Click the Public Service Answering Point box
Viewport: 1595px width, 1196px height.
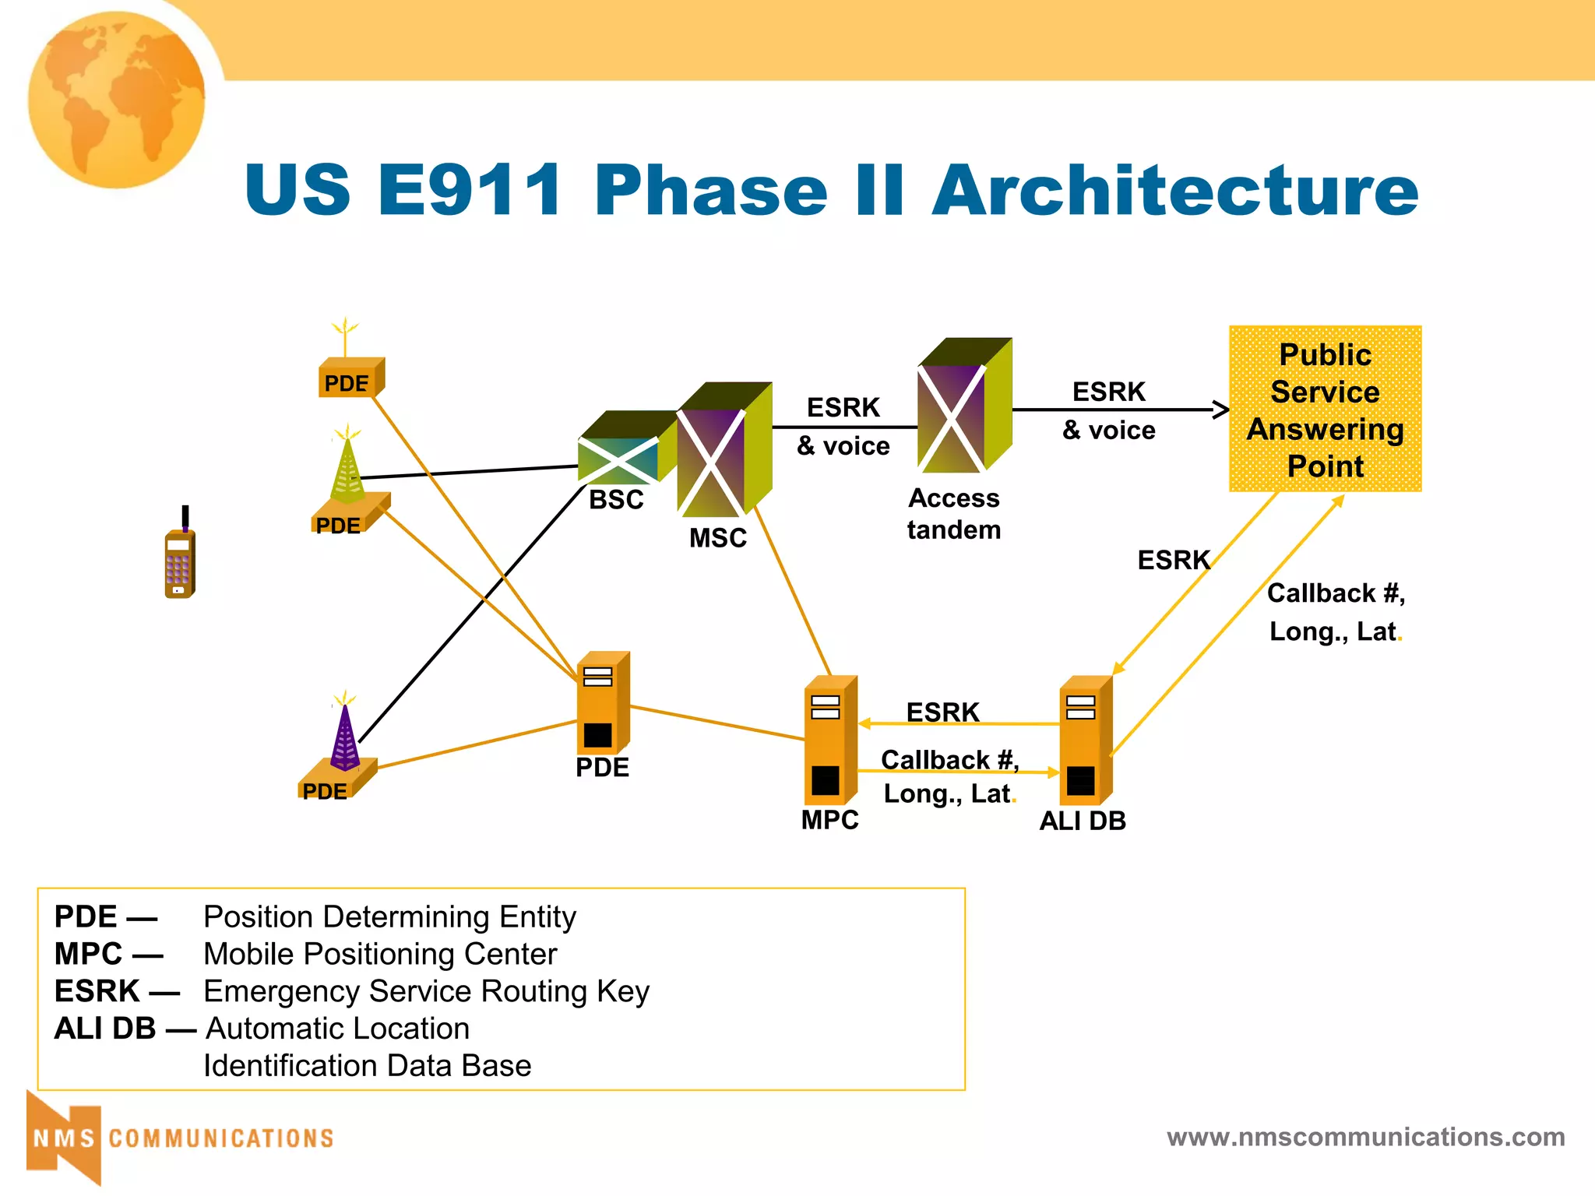[x=1325, y=409]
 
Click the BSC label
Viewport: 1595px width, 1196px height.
[x=616, y=500]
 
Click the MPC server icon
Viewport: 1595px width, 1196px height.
[x=829, y=742]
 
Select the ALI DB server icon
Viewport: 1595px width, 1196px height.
[x=1085, y=742]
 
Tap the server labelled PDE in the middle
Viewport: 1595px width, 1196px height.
[x=601, y=705]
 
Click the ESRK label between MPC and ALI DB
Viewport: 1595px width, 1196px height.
[x=942, y=712]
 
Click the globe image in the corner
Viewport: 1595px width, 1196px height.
[x=117, y=100]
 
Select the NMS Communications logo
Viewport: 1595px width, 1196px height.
[x=179, y=1138]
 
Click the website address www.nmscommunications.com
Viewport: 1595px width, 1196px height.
[x=1365, y=1138]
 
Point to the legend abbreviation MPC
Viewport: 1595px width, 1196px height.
[x=88, y=954]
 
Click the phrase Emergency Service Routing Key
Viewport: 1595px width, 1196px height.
[x=426, y=991]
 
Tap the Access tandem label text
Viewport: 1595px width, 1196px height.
[x=953, y=514]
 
